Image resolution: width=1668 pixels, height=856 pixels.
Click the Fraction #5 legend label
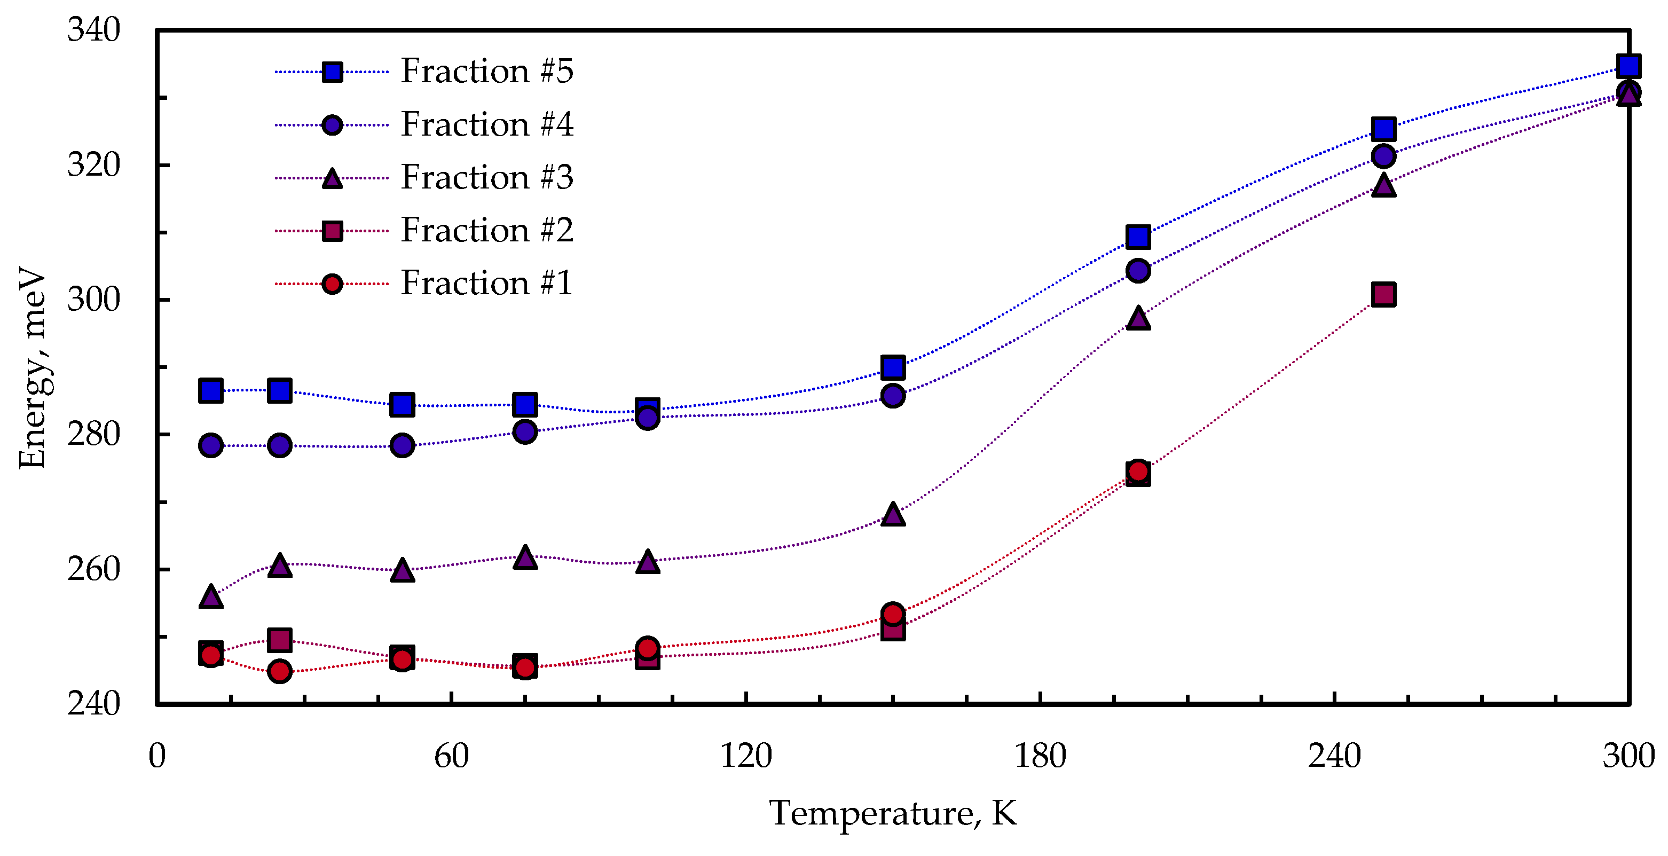(x=486, y=70)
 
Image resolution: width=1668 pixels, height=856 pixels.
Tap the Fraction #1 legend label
(x=486, y=283)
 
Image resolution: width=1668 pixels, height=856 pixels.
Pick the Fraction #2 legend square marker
(x=332, y=231)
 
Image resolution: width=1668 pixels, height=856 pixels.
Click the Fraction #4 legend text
(x=486, y=124)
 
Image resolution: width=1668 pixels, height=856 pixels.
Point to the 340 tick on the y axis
(x=93, y=30)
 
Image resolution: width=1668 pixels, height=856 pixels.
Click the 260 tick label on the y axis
(x=93, y=570)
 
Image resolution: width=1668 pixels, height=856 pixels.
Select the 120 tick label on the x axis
(x=746, y=756)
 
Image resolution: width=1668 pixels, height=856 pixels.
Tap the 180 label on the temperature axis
(x=1040, y=756)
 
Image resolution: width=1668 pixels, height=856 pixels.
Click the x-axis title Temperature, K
(x=892, y=813)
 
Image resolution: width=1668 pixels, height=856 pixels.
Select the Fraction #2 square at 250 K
(x=1383, y=295)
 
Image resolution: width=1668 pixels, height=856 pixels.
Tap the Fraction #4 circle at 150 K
(x=893, y=395)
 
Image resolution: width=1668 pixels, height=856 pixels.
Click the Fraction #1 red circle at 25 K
(x=279, y=671)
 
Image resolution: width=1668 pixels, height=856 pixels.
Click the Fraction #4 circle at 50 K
(x=402, y=445)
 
